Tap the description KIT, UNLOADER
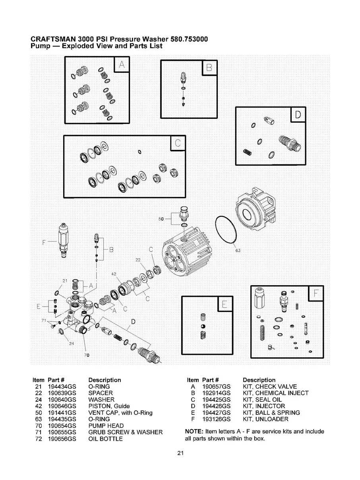265,419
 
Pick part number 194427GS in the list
217,412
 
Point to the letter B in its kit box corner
210,68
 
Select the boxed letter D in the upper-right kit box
298,115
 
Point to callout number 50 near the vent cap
161,219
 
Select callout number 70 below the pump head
87,354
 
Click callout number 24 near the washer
72,344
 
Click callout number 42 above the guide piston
113,274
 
